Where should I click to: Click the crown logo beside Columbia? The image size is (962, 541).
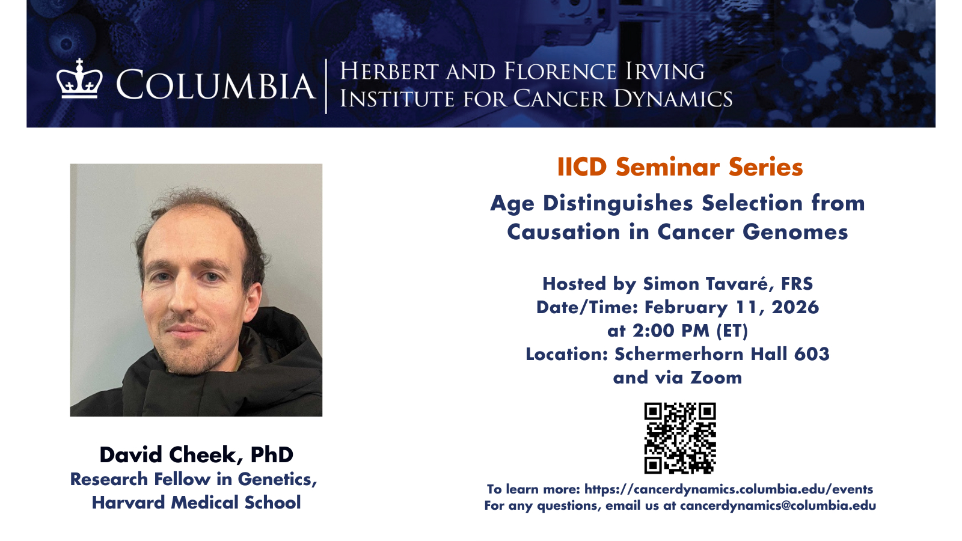(x=79, y=79)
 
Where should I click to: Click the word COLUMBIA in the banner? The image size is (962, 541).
(x=216, y=85)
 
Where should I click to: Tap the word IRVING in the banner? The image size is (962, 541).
(x=665, y=72)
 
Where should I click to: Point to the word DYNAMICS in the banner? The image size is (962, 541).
(x=673, y=99)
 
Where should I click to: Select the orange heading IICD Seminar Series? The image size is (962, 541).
(x=680, y=167)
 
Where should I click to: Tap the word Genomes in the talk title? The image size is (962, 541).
(x=795, y=232)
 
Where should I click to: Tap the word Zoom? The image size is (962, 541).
(x=716, y=378)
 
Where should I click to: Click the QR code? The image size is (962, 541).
(x=680, y=438)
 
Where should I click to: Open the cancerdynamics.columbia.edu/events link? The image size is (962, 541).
(x=729, y=489)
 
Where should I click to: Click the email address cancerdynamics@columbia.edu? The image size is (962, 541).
(x=778, y=506)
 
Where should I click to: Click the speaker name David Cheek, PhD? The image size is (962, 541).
(x=196, y=455)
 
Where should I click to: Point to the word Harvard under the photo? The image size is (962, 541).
(x=129, y=503)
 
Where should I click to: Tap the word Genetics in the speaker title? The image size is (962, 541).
(x=277, y=480)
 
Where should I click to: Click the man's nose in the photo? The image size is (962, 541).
(x=183, y=301)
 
